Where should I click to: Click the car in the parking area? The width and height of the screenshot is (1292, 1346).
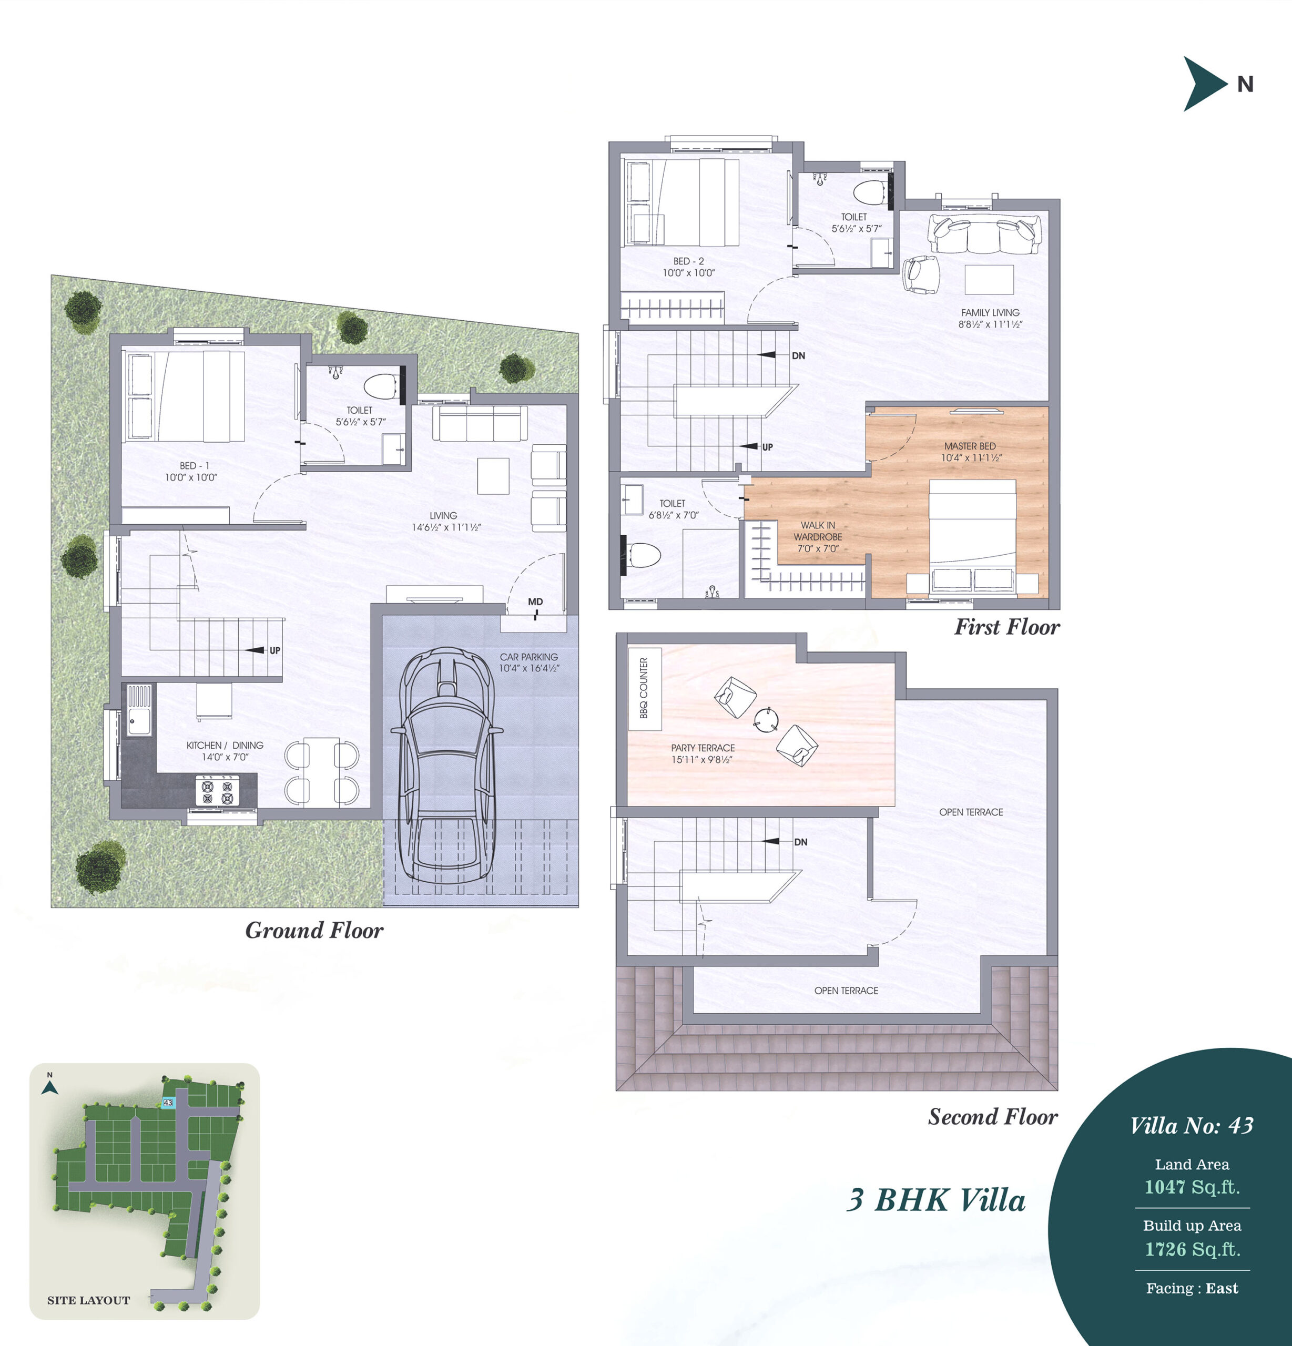point(446,766)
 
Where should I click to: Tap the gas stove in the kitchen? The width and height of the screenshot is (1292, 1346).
point(217,790)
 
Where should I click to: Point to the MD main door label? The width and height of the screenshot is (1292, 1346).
point(535,601)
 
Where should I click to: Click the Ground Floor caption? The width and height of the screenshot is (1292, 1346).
point(314,931)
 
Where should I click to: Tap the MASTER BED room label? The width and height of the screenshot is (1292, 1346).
point(970,446)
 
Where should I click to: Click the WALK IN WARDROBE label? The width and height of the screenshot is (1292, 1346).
point(817,531)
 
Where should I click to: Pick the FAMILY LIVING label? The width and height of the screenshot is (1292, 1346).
point(990,312)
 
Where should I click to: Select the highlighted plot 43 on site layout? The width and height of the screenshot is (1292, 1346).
point(168,1102)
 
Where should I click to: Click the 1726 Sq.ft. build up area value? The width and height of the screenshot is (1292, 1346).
point(1193,1249)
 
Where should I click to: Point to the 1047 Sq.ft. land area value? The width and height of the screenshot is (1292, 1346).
point(1193,1187)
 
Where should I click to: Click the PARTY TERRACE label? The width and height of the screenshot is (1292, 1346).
point(703,748)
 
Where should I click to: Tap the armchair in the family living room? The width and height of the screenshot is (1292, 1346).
point(920,274)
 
